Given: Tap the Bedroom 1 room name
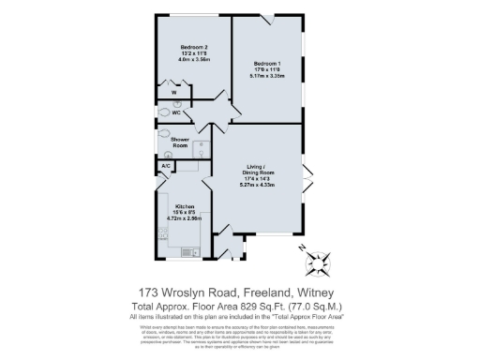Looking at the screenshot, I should click(266, 63).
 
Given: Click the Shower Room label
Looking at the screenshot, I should click(180, 142).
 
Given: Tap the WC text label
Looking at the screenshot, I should click(176, 112).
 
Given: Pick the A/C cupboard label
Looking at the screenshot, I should click(166, 166).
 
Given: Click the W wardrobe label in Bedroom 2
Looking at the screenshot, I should click(173, 93).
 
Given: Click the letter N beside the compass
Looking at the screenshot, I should click(302, 247).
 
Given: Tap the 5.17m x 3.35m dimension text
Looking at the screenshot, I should click(266, 75).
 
